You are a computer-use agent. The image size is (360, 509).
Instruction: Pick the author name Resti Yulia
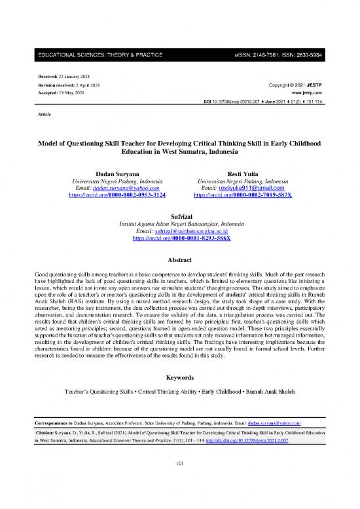(245, 173)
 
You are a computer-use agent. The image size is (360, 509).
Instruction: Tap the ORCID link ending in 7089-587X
(245, 195)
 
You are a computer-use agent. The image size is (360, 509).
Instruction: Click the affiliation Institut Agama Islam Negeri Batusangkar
(179, 223)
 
